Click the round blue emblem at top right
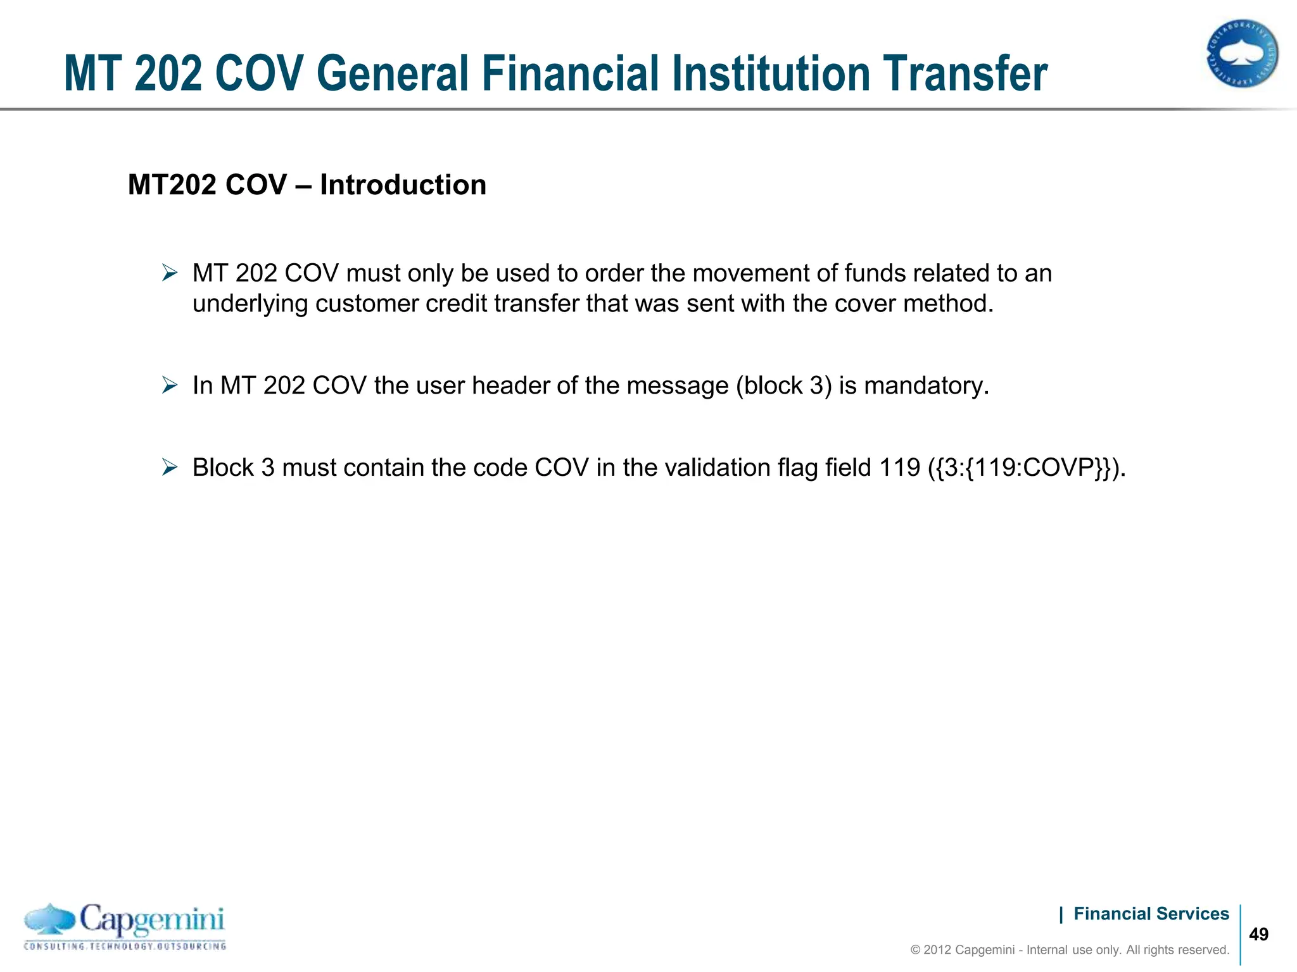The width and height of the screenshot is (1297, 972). [x=1242, y=53]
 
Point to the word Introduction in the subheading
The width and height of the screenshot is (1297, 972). [x=403, y=185]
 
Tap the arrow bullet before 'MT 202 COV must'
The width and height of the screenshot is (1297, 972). [x=170, y=273]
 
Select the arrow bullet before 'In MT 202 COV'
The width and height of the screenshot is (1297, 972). [x=170, y=385]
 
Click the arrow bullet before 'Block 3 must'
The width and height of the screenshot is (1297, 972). [x=170, y=468]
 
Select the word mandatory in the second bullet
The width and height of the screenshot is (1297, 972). [x=926, y=385]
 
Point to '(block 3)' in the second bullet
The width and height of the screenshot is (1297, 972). [x=783, y=385]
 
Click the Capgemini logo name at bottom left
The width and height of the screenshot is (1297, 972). [x=152, y=919]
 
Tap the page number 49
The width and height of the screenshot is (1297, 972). [x=1258, y=935]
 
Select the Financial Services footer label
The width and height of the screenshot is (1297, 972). [x=1151, y=914]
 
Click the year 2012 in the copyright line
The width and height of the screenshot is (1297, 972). [x=937, y=950]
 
